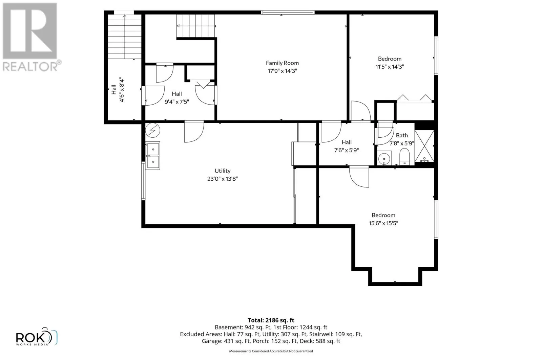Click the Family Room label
click(x=282, y=67)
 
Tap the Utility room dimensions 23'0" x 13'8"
click(x=222, y=179)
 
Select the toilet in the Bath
click(x=404, y=156)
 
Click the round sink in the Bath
click(x=384, y=158)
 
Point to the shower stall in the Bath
click(x=424, y=146)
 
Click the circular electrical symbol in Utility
click(x=153, y=131)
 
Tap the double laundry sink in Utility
click(x=153, y=155)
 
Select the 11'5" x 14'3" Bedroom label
click(x=390, y=63)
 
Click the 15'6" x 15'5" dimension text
click(x=383, y=223)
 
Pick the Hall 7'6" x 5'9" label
click(x=347, y=146)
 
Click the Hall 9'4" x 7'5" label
click(x=177, y=98)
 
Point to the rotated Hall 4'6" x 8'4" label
click(x=118, y=90)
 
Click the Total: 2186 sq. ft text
click(x=271, y=320)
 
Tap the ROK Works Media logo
click(x=37, y=337)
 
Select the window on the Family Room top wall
click(x=288, y=13)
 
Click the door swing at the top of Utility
click(x=194, y=132)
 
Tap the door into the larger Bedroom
click(x=359, y=177)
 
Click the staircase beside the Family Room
click(x=196, y=26)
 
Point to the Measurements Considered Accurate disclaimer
click(x=271, y=351)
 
